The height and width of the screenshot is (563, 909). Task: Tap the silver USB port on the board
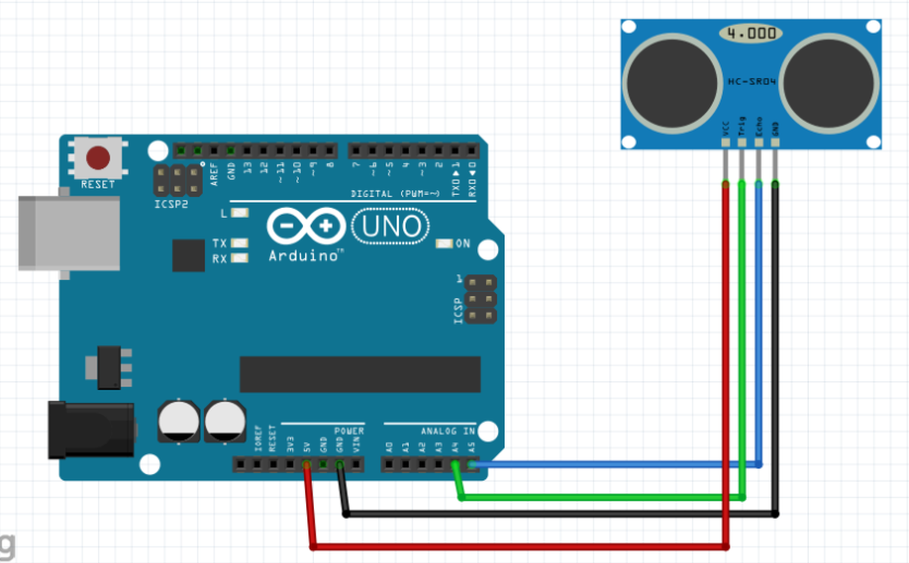tap(69, 234)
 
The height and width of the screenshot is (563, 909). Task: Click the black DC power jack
tap(91, 430)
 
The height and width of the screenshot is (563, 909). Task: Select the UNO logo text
tap(391, 226)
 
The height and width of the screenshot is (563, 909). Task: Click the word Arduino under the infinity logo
tap(304, 256)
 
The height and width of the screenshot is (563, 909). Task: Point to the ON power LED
tap(443, 243)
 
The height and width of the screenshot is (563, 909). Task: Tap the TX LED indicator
tap(240, 243)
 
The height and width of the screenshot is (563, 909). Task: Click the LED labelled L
tap(240, 213)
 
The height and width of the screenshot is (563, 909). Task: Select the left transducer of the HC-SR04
tap(672, 83)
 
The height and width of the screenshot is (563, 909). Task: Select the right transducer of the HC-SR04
tap(828, 83)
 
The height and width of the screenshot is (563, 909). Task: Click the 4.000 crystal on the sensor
tap(751, 33)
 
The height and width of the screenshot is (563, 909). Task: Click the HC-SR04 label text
tap(751, 82)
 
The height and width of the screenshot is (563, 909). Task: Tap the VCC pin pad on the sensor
tap(726, 143)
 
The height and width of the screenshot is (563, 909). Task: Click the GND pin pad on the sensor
tap(775, 143)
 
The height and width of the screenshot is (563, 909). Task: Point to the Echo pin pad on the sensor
tap(759, 143)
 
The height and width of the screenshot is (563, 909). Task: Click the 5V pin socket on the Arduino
tap(306, 465)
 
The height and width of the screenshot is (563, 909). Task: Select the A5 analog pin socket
tap(472, 465)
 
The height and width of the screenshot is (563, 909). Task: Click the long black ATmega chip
tap(360, 374)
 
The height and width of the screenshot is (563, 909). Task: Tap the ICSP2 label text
tap(171, 204)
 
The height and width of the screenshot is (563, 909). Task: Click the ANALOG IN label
tap(447, 431)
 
